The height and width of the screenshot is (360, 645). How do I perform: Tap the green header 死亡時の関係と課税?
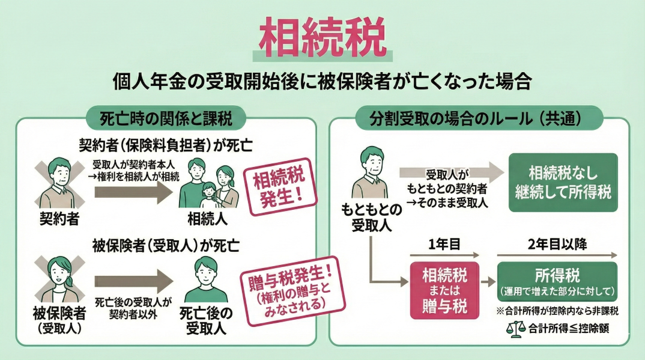pos(165,118)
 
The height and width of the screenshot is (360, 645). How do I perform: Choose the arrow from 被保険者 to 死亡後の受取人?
pos(133,281)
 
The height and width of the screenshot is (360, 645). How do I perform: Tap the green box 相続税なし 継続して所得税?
pos(563,182)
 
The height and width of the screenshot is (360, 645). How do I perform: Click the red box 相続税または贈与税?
pos(444,289)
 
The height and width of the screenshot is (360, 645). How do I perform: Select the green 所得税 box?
pos(557,281)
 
